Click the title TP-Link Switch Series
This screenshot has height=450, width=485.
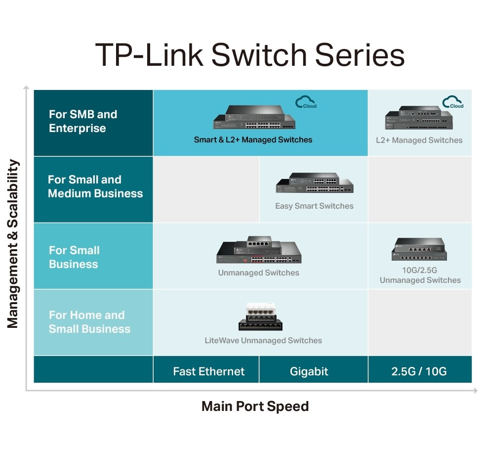click(x=249, y=55)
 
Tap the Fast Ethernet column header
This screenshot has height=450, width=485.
click(x=208, y=371)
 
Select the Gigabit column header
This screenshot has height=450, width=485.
click(x=309, y=371)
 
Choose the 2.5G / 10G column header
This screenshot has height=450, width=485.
click(x=419, y=371)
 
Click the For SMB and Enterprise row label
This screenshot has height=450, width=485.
click(x=83, y=121)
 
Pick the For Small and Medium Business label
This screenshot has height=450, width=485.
click(x=95, y=186)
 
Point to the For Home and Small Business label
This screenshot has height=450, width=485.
click(x=89, y=322)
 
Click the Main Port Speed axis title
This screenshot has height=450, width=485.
click(x=255, y=406)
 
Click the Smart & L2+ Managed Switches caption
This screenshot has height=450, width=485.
click(x=253, y=140)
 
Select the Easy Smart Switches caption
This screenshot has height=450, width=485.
click(x=314, y=206)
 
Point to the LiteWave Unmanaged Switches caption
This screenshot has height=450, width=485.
click(x=263, y=340)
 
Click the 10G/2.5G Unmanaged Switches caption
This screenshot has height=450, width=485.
click(x=420, y=275)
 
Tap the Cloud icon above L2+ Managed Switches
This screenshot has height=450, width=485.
click(x=452, y=102)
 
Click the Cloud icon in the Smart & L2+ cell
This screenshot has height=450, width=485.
click(x=306, y=102)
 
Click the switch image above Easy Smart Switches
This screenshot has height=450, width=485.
click(x=314, y=183)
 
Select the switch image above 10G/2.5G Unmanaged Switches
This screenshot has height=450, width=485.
click(x=419, y=249)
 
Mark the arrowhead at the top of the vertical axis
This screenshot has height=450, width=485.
click(x=26, y=88)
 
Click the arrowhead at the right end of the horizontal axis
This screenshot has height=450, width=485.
click(x=475, y=391)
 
